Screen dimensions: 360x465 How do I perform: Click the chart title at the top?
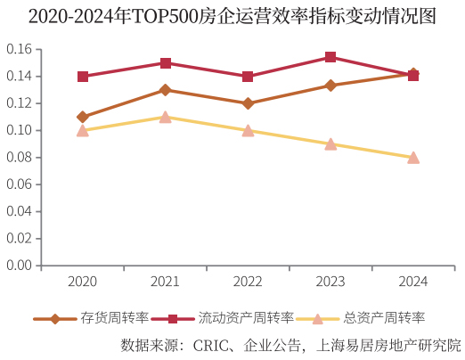click(232, 17)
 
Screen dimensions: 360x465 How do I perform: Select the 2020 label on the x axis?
click(83, 282)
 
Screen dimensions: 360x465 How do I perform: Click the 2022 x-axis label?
click(248, 282)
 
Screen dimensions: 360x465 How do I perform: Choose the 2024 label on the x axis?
click(413, 282)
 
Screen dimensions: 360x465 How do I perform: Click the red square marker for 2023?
click(330, 57)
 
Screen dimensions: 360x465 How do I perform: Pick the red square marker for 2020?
click(83, 77)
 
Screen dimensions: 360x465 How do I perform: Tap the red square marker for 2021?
click(166, 63)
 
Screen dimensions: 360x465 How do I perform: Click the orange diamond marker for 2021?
click(166, 90)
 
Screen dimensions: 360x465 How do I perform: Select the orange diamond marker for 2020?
click(83, 117)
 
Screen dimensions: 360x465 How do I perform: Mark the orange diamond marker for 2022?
click(248, 103)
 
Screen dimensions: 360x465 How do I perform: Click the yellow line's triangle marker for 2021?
click(166, 117)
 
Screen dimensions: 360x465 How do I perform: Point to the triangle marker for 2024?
click(413, 157)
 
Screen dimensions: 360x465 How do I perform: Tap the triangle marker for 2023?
click(330, 143)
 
